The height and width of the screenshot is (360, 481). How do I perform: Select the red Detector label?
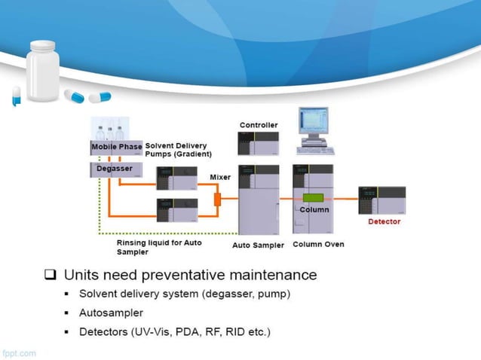384,221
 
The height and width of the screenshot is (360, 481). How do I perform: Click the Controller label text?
259,124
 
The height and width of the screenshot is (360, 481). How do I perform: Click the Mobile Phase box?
116,146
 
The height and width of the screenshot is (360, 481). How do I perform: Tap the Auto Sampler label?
258,245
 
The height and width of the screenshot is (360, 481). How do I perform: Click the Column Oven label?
318,244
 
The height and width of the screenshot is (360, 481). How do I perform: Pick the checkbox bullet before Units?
51,275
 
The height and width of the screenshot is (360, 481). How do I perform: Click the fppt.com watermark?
18,352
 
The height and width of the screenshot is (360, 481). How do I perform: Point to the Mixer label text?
219,177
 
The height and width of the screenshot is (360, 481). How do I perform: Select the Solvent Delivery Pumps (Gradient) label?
178,150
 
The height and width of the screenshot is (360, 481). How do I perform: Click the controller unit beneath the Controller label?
258,143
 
